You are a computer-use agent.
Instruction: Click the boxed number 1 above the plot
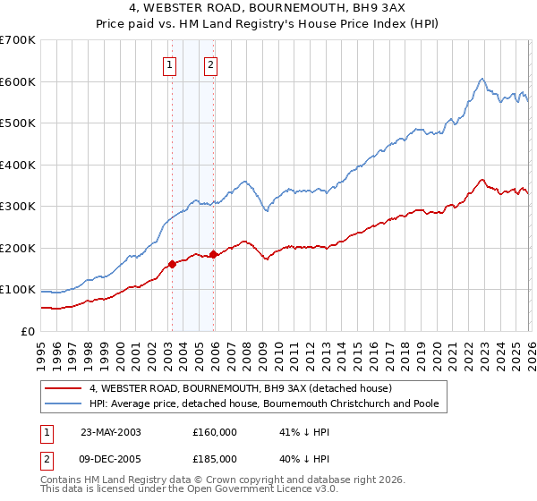pyautogui.click(x=170, y=64)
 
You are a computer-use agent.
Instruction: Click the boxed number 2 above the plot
pyautogui.click(x=210, y=64)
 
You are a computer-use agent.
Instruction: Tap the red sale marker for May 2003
pyautogui.click(x=172, y=264)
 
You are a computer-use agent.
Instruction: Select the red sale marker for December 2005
pyautogui.click(x=213, y=254)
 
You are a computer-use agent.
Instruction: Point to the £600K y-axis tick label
pyautogui.click(x=18, y=81)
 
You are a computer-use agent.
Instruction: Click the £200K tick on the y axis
pyautogui.click(x=18, y=248)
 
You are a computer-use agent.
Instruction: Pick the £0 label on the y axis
pyautogui.click(x=27, y=331)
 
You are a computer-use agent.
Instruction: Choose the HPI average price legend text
pyautogui.click(x=264, y=403)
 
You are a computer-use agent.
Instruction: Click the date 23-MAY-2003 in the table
pyautogui.click(x=111, y=431)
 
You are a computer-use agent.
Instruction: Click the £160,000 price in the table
pyautogui.click(x=215, y=431)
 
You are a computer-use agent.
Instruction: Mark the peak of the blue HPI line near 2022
pyautogui.click(x=482, y=79)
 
